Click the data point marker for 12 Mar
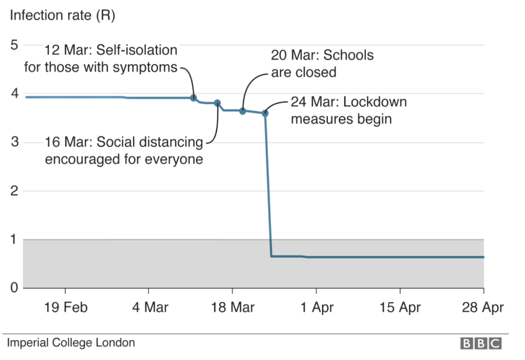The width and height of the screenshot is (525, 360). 194,98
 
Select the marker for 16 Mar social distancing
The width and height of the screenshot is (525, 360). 217,103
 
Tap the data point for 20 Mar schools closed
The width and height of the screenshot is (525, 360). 242,111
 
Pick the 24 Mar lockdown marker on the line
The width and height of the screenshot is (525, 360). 265,113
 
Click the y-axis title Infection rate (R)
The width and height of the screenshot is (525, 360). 62,16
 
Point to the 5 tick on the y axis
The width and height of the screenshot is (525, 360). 14,45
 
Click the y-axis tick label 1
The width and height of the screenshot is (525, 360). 14,240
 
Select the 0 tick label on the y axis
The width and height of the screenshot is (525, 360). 14,288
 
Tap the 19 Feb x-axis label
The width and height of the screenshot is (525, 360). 66,308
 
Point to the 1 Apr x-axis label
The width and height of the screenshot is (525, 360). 317,308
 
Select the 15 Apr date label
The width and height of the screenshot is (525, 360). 400,308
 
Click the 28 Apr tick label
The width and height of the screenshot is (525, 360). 483,308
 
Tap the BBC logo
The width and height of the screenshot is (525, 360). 481,343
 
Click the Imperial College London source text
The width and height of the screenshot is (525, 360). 71,343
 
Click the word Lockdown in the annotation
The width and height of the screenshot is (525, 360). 375,102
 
